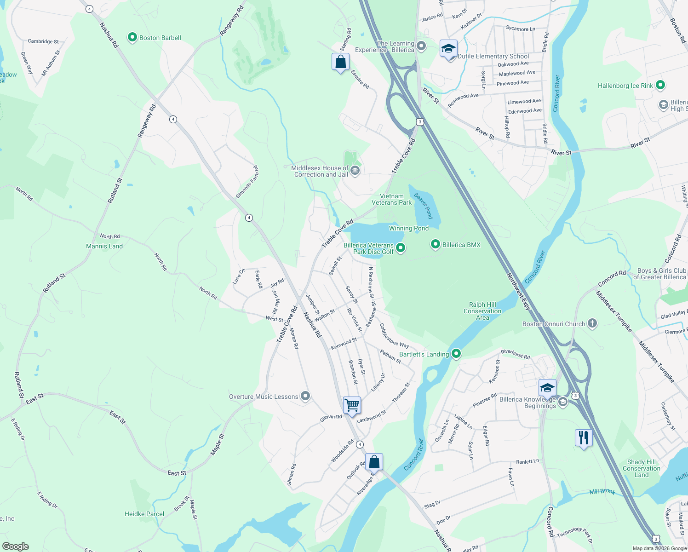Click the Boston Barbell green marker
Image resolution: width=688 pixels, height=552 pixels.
point(132,37)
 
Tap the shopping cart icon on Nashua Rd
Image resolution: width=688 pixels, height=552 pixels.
point(352,405)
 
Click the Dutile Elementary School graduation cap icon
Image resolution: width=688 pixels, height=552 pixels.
point(448,48)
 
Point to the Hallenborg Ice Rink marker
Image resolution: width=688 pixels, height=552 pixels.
point(660,85)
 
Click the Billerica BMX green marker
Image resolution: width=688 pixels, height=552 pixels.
point(435,244)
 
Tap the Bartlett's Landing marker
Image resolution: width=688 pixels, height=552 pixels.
point(456,354)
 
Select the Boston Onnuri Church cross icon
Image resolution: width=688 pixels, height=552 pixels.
point(592,323)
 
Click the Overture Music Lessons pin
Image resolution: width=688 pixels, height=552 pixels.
point(305,396)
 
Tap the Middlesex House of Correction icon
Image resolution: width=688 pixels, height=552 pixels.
point(355,171)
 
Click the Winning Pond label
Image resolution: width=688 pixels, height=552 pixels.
point(408,228)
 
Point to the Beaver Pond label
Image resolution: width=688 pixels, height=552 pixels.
point(424,206)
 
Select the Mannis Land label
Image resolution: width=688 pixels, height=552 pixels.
point(104,246)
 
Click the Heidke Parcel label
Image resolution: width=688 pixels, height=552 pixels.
point(144,514)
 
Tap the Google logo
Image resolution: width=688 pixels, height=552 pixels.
point(16,546)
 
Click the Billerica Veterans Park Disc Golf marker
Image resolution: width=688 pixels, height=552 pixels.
point(401,248)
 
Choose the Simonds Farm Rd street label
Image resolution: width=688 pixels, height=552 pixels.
point(247,182)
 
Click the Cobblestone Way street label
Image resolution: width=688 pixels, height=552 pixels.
point(394,335)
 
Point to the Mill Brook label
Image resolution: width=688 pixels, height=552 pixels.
point(602,492)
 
